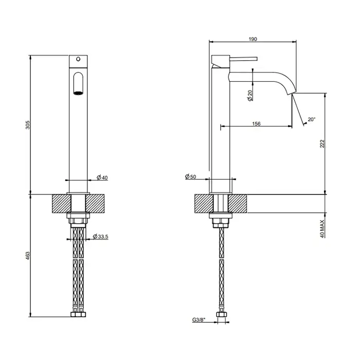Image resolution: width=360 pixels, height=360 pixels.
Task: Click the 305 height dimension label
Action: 28,124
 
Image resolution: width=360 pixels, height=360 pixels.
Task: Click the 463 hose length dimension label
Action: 28,256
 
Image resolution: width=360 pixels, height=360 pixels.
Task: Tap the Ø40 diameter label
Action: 102,177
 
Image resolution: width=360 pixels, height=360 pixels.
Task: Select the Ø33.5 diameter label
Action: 100,236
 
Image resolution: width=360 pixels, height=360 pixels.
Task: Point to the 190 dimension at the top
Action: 253,39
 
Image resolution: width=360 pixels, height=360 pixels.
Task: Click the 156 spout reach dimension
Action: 256,123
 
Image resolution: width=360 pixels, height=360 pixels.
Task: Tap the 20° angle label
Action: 312,119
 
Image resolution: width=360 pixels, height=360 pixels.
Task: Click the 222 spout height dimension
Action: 322,143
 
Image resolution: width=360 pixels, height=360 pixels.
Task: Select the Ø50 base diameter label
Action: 190,176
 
